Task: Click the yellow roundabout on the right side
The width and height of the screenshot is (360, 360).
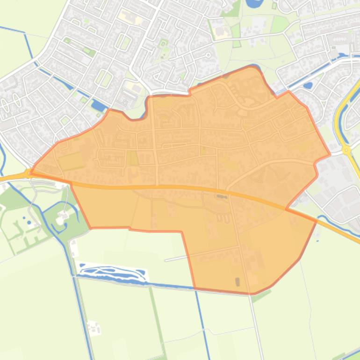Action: click(x=346, y=150)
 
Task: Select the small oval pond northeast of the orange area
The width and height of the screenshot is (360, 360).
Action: click(x=308, y=86)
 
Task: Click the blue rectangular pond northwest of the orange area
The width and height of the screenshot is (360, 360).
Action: click(x=99, y=106)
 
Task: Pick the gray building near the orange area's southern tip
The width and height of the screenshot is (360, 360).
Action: click(x=237, y=281)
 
